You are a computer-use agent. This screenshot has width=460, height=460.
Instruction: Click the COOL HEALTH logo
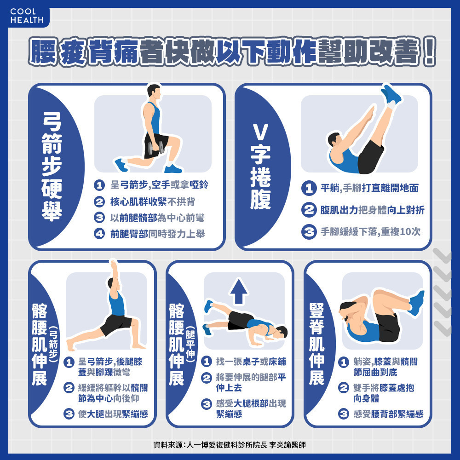[x=27, y=16]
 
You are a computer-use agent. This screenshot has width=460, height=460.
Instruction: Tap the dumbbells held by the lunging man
[x=156, y=148]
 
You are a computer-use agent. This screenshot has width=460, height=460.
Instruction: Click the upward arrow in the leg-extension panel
[x=239, y=291]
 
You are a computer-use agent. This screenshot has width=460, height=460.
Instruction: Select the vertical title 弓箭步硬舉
[x=52, y=167]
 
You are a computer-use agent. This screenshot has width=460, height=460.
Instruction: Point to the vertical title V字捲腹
[x=260, y=167]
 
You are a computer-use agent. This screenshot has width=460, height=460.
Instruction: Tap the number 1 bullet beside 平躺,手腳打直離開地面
[x=309, y=188]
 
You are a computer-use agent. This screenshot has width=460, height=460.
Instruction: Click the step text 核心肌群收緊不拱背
[x=153, y=201]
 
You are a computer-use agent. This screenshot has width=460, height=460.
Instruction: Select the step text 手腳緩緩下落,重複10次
[x=370, y=232]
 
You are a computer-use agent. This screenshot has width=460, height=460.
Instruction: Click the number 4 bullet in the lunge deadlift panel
[x=99, y=234]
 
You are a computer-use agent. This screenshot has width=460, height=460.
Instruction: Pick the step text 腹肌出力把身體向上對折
[x=372, y=210]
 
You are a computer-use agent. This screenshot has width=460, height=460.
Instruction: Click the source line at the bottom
[x=230, y=445]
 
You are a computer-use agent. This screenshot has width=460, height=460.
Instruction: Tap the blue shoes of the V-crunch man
[x=391, y=94]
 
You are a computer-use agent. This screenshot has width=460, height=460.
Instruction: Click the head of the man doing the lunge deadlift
[x=154, y=92]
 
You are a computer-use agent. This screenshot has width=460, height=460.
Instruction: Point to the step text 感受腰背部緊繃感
[x=388, y=414]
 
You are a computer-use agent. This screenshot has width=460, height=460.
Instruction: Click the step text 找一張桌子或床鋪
[x=251, y=362]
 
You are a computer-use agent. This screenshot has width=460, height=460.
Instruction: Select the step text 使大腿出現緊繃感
[x=113, y=414]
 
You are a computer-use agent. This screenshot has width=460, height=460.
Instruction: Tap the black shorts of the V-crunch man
[x=370, y=157]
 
